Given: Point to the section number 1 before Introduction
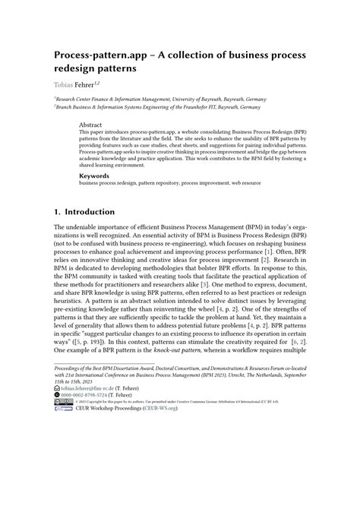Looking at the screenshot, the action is pos(57,213).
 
